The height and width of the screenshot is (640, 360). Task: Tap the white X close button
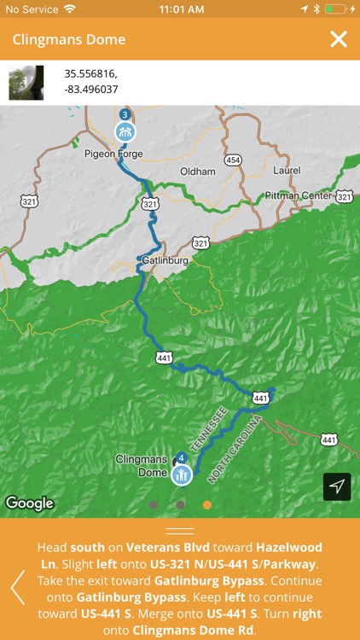click(339, 39)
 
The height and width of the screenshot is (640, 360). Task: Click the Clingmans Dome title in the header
click(69, 40)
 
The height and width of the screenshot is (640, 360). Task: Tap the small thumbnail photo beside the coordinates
click(26, 83)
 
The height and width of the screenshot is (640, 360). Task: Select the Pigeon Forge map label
click(113, 154)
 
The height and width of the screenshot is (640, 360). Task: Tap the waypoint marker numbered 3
click(125, 129)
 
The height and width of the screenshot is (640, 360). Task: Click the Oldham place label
click(198, 172)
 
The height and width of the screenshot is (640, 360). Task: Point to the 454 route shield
click(233, 160)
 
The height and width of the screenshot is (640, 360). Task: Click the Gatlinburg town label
click(163, 259)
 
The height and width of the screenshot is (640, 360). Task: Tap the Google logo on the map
click(30, 503)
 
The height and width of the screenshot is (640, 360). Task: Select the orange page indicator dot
click(207, 505)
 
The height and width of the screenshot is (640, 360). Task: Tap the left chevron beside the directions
click(17, 587)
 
